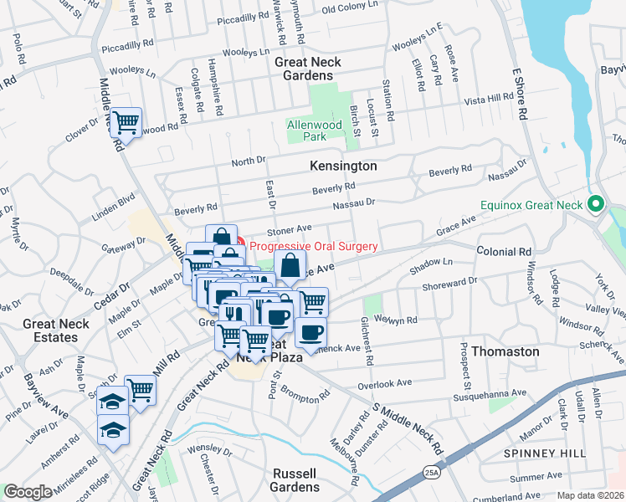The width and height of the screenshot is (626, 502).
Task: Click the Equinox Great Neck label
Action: tap(532, 204)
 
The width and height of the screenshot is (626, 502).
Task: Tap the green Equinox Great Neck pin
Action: tap(596, 203)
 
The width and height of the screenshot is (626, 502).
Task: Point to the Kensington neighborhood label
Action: tap(343, 166)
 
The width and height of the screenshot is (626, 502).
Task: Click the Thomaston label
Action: tap(505, 351)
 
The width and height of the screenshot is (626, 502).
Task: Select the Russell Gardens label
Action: tap(295, 479)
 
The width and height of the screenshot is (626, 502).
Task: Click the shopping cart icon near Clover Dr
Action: tap(126, 123)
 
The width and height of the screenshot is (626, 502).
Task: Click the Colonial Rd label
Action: tap(504, 251)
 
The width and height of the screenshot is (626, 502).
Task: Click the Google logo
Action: tap(28, 492)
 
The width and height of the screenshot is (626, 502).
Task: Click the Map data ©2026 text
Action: tap(591, 495)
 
